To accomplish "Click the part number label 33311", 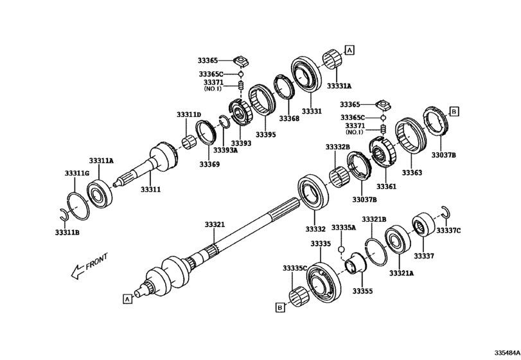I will pos(150,190).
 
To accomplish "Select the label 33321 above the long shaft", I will pos(215,224).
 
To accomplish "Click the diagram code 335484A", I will pos(506,353).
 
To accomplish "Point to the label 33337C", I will pos(449,230).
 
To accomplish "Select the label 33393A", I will pos(225,150).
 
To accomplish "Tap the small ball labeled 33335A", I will pos(342,249).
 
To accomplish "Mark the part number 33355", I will pos(362,291).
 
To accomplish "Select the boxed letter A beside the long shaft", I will pos(127,298).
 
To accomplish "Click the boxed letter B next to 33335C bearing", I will pos(280,309).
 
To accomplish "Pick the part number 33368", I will pos(288,118).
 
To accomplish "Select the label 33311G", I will pos(77,173).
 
